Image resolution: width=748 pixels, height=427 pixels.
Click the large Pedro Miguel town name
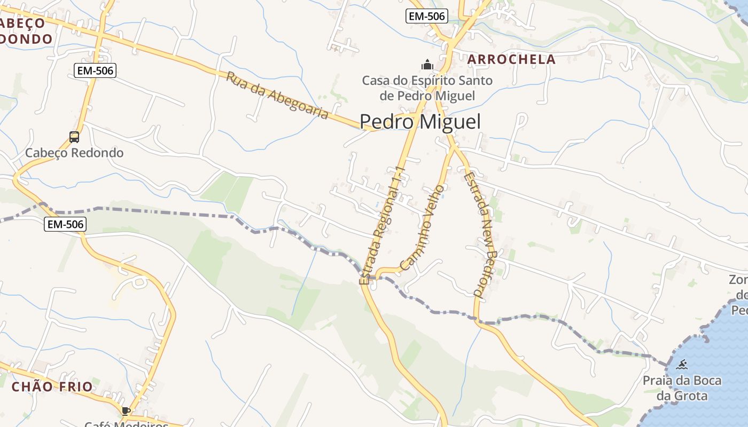420,122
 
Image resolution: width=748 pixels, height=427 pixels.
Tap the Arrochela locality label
511,59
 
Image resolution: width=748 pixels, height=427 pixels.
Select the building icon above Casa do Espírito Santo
427,65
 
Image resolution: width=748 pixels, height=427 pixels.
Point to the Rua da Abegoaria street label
277,95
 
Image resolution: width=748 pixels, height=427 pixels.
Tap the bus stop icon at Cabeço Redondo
74,137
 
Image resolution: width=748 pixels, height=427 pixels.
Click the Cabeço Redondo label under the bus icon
74,153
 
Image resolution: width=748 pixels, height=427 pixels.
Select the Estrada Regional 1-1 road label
384,225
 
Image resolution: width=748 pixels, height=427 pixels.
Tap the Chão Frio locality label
52,386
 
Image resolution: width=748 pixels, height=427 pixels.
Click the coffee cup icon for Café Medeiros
126,410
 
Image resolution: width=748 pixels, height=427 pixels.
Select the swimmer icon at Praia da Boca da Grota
682,366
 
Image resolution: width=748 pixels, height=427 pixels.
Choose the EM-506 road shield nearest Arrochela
426,16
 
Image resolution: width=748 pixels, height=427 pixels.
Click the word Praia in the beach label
658,381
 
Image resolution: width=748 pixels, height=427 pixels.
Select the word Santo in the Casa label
477,81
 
